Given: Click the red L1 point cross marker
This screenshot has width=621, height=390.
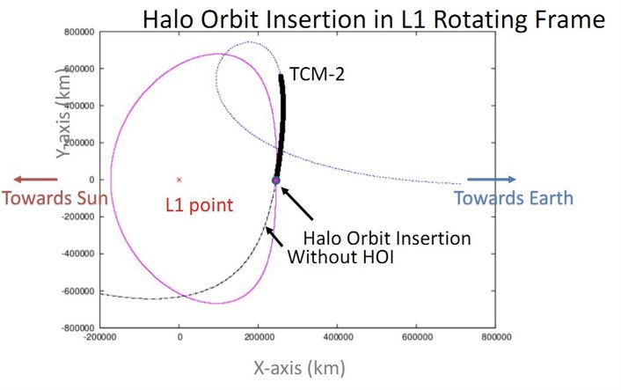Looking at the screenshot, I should (x=179, y=180).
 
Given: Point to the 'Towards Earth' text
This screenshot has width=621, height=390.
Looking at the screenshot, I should (x=514, y=198).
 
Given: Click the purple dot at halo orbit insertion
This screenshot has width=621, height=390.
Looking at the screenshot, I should (x=275, y=180).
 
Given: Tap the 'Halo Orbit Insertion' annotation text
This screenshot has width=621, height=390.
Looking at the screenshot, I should (x=386, y=238).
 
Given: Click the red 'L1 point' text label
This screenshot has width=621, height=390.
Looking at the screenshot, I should (x=200, y=206).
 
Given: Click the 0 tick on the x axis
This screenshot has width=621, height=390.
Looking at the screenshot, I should (x=179, y=337).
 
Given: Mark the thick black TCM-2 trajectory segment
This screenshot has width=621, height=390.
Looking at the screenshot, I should (x=281, y=123).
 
